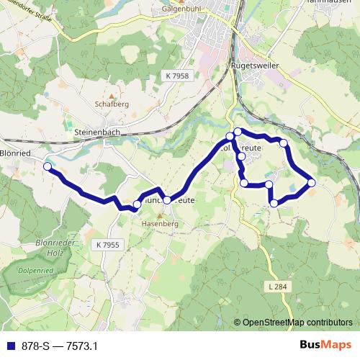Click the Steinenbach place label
(96, 132)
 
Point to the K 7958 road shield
(176, 75)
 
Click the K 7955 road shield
(107, 246)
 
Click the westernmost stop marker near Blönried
(48, 166)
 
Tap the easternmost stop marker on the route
(312, 182)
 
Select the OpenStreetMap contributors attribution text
(297, 323)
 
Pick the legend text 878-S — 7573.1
(59, 346)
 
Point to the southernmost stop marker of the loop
(274, 204)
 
